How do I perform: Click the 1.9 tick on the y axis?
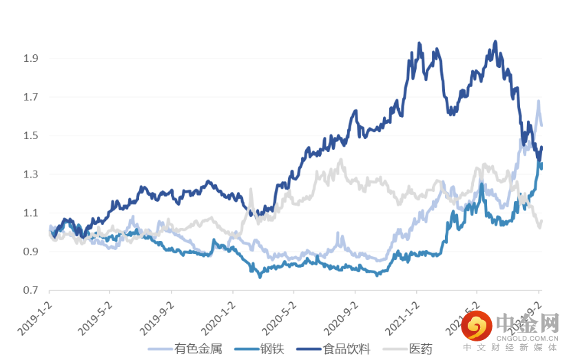point(30,59)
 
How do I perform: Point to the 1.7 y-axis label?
point(30,97)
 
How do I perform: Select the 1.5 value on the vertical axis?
point(30,136)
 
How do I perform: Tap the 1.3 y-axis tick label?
point(30,174)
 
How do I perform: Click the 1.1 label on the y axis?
point(30,213)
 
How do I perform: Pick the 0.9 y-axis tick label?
point(30,251)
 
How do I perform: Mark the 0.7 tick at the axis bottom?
point(30,290)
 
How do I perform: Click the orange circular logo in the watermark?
point(477,326)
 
